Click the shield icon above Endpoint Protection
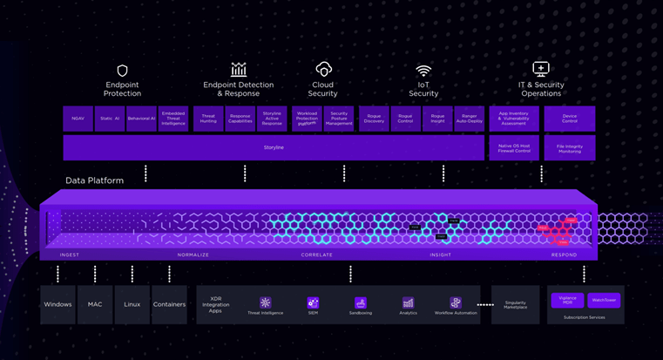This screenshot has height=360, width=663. point(122,71)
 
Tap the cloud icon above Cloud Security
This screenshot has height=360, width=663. point(323,69)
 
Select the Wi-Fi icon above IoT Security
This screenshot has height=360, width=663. point(423,71)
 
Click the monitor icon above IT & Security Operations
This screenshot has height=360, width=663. point(540,69)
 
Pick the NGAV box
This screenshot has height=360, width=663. point(78,119)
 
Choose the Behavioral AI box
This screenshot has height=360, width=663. point(141,119)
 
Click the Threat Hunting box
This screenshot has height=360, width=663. point(208,119)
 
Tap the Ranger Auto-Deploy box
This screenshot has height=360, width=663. point(470,119)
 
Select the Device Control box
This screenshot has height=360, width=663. point(570,119)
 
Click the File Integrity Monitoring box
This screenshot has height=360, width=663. point(570,147)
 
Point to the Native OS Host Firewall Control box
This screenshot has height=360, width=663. point(515,147)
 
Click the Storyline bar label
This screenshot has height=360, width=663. point(274,147)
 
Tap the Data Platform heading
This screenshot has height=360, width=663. point(94,180)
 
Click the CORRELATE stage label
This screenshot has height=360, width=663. point(317,255)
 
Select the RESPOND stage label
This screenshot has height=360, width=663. point(564,255)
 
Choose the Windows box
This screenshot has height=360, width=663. point(58,304)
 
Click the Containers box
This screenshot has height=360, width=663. point(169,304)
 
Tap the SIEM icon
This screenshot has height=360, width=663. point(313,303)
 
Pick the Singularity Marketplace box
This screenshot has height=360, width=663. point(515,304)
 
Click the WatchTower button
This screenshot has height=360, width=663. point(604,300)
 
